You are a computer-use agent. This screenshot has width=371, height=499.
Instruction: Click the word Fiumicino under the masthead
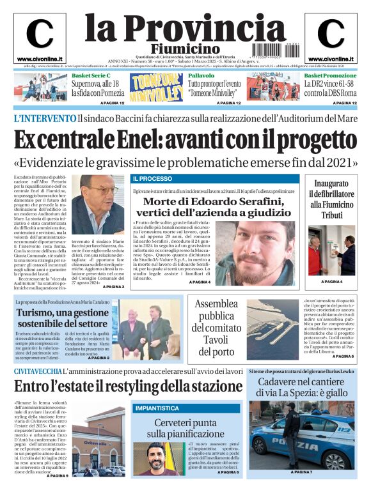point(185,49)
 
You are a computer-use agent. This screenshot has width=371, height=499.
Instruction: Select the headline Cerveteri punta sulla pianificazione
point(185,429)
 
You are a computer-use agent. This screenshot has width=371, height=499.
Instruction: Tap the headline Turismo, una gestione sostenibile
point(62,318)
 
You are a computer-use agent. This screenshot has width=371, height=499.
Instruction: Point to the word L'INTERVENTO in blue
point(45,118)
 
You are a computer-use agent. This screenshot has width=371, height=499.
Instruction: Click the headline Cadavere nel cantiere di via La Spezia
point(301,387)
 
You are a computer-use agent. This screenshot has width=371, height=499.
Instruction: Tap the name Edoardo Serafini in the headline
point(228,201)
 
